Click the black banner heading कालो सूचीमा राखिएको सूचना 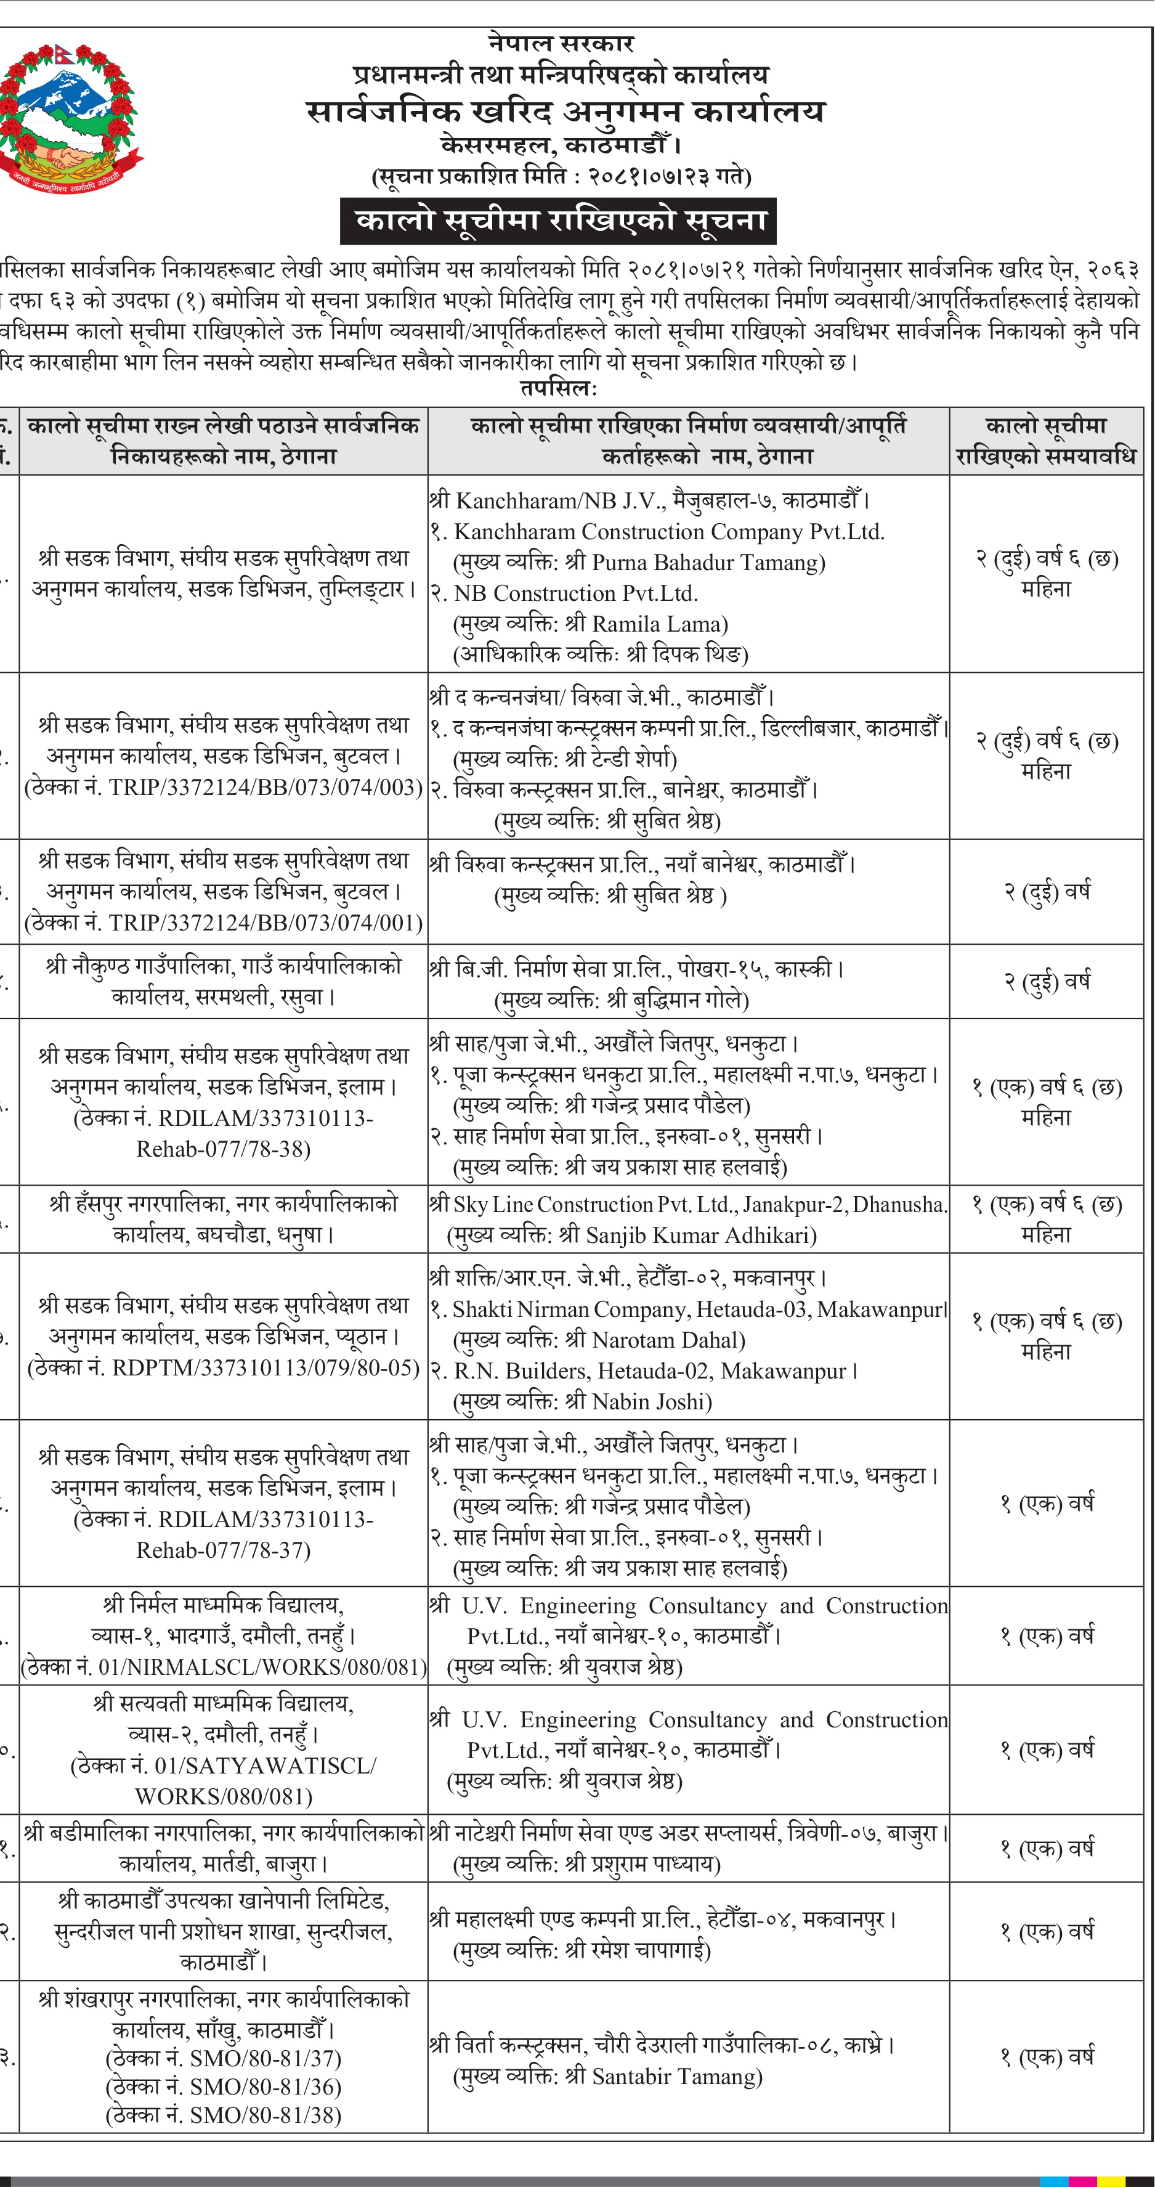559,221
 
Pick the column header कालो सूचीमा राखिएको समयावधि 1045,441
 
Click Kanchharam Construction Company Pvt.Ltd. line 669,531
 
